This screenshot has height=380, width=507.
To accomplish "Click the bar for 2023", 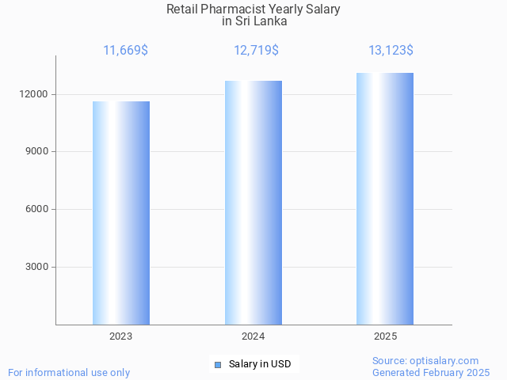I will coord(121,213).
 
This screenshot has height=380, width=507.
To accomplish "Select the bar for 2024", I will coord(253,203).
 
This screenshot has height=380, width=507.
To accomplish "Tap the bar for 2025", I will coord(385,199).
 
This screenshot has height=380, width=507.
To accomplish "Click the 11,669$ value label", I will coord(125,51).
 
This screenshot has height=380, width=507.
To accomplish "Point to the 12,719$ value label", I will coord(256,51).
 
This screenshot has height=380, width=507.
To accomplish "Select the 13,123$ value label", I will coord(391,51).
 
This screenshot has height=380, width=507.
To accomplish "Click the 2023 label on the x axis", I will coord(121,336).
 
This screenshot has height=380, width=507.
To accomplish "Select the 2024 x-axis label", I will coord(253,336).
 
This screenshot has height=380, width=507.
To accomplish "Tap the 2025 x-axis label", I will coord(385,336).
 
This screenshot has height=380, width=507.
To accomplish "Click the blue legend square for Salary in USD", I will coord(218,365).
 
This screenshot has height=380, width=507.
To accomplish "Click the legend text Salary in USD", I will coord(260,364).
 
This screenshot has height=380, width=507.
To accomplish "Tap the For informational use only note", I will coord(69,372).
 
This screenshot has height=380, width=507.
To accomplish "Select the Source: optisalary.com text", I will coord(425,360).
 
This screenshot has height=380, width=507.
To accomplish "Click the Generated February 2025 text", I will coord(431,372).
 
